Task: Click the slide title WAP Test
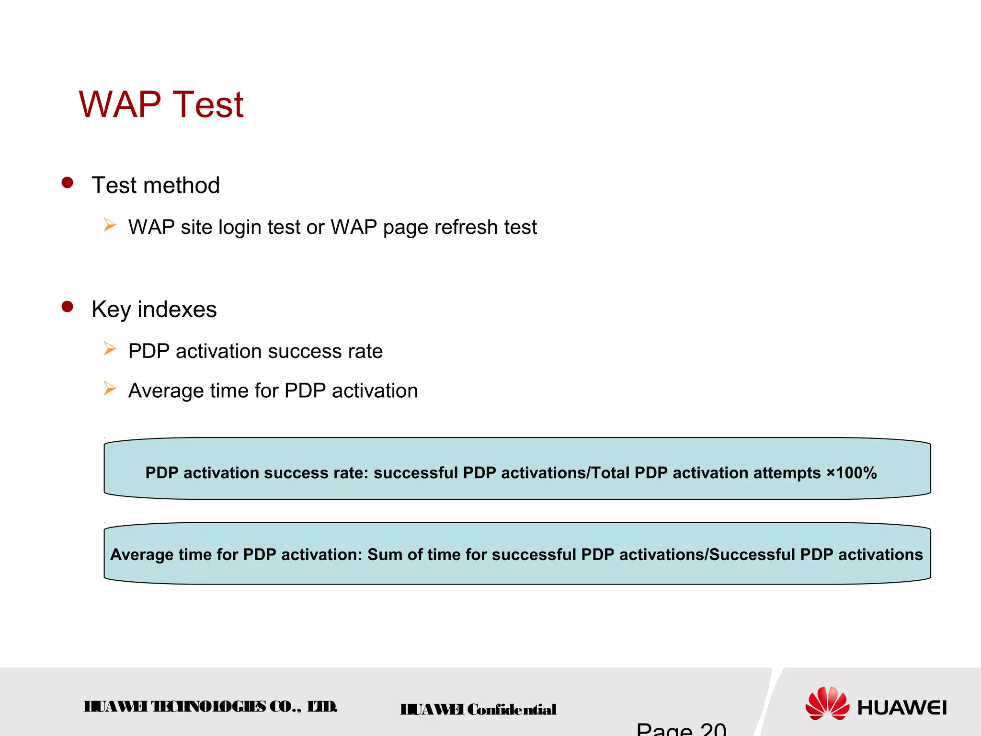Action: (x=161, y=104)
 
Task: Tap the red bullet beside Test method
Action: (x=68, y=183)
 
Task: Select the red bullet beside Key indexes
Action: (x=68, y=307)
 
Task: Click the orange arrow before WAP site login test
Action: (x=110, y=225)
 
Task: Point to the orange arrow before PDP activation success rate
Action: (x=110, y=349)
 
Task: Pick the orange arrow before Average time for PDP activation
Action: (x=110, y=388)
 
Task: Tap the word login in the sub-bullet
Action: (x=240, y=228)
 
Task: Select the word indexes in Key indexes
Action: (x=177, y=309)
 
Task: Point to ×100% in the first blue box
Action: (x=852, y=473)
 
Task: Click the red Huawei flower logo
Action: (x=827, y=703)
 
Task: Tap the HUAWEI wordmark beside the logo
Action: (x=902, y=708)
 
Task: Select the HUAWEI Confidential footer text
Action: (x=478, y=709)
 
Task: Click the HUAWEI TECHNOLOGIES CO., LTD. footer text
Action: (x=211, y=707)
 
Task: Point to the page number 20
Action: (x=713, y=729)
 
